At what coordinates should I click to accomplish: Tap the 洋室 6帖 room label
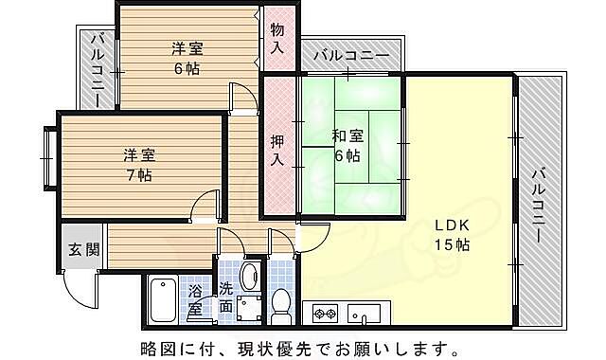click(186, 58)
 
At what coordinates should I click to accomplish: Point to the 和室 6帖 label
click(347, 144)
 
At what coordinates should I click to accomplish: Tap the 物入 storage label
click(277, 38)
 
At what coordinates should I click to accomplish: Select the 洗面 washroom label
click(226, 298)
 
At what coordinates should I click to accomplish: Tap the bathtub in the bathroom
click(165, 299)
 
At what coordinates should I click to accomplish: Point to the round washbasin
click(249, 277)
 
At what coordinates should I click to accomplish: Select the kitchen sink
click(364, 312)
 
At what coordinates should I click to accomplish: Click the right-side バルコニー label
click(537, 204)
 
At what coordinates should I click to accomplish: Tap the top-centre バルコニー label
click(350, 56)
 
